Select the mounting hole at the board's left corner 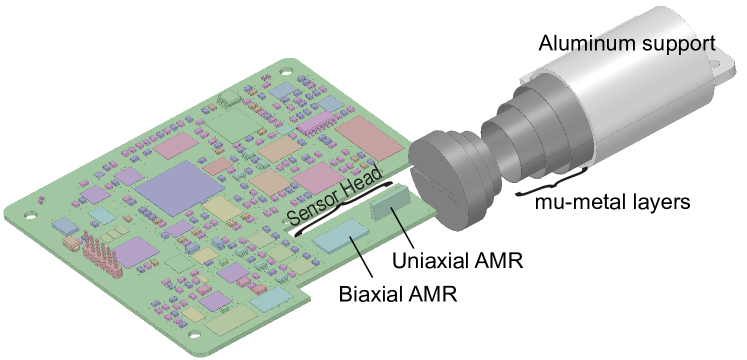click(27, 212)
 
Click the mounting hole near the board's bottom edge click(194, 331)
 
